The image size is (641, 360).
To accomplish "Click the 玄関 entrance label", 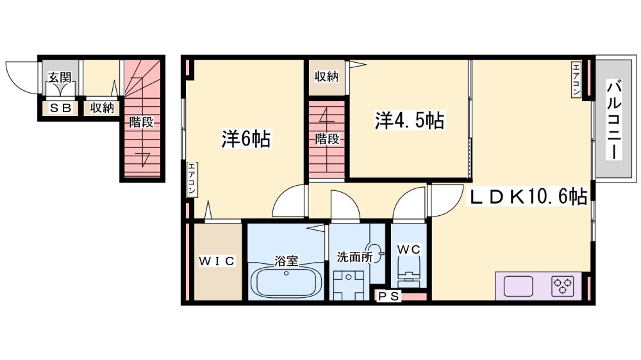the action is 60,78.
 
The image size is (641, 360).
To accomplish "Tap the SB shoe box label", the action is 61,108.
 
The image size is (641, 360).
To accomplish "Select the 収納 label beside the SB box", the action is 102,108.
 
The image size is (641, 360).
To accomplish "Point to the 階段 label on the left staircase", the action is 141,122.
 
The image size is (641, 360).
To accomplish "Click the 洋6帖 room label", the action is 246,139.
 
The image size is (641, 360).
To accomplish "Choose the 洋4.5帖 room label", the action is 410,120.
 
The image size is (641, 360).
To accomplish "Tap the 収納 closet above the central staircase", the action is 326,76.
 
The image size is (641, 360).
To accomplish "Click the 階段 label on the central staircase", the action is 327,139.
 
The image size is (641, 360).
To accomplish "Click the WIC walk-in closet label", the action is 217,261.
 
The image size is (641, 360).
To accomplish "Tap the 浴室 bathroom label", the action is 286,261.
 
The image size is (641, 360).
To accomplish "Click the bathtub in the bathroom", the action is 286,282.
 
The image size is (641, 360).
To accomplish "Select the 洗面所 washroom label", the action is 354,257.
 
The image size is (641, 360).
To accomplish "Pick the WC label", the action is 409,249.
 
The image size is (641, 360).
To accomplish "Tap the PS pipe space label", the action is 388,297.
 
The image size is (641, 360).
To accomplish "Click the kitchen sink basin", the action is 519,286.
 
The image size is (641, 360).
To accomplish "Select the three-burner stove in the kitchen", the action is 563,286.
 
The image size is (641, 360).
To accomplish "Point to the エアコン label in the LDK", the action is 576,79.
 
